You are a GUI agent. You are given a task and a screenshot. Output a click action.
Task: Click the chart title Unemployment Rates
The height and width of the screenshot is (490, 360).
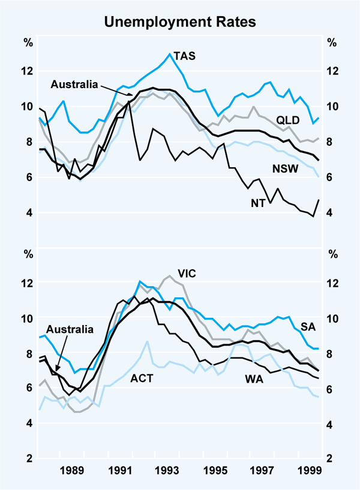click(x=180, y=23)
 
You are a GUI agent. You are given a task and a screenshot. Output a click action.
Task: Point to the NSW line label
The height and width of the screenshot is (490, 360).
click(x=285, y=169)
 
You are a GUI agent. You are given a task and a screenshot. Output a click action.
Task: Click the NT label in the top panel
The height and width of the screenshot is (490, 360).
click(x=259, y=203)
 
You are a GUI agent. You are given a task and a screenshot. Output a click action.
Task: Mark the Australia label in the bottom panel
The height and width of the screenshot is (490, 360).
click(x=70, y=329)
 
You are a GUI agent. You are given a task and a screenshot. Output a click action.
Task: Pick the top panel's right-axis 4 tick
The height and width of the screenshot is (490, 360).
click(x=331, y=213)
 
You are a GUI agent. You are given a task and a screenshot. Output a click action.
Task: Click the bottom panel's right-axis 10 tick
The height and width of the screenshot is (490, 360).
click(x=331, y=318)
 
